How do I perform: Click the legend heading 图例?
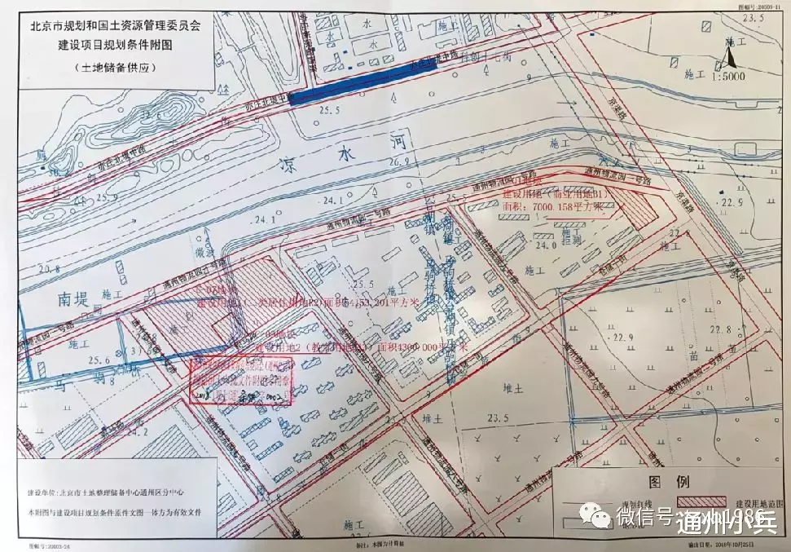(x=659, y=482)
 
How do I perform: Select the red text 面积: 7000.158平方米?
(x=555, y=209)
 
